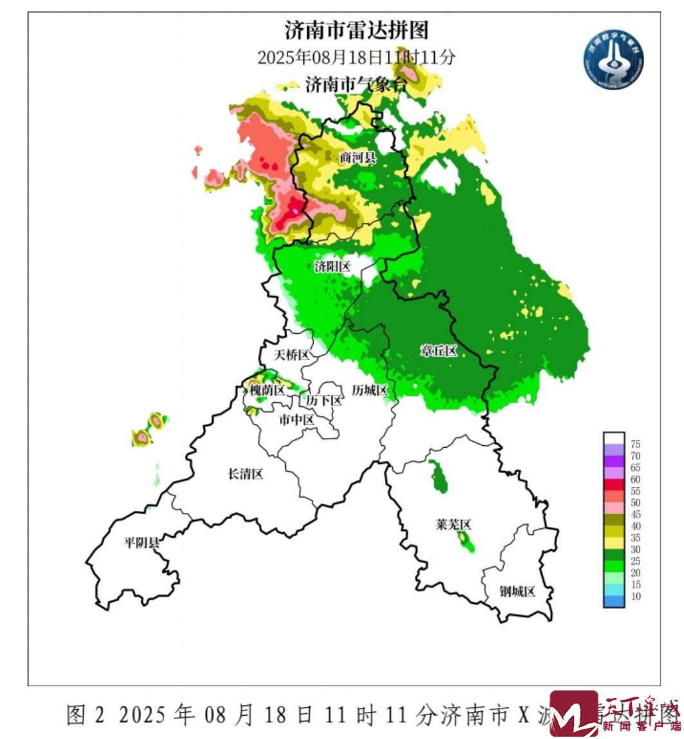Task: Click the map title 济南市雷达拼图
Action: point(356,30)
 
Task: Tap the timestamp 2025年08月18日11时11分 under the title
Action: point(356,57)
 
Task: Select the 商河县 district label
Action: point(357,157)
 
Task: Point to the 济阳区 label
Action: point(332,267)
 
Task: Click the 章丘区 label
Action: point(439,351)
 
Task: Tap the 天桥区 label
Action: point(292,355)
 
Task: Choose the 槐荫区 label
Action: point(267,390)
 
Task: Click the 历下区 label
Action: point(324,400)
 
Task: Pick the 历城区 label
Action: point(369,390)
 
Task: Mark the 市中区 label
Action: point(296,420)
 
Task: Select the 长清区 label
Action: point(246,474)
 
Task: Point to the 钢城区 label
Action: point(517,591)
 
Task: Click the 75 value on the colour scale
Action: point(635,444)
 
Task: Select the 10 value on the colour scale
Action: point(635,596)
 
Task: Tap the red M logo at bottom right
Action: point(573,714)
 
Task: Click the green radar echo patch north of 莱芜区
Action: point(441,477)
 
